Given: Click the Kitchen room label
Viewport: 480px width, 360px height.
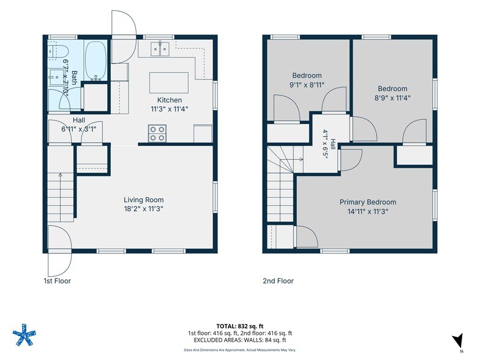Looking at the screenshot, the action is (169, 100).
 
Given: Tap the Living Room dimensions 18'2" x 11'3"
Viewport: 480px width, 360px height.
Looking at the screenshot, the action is (143, 209).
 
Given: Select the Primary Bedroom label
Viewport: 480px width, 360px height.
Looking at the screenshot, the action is (367, 202).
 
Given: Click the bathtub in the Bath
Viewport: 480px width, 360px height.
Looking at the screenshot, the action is (96, 61).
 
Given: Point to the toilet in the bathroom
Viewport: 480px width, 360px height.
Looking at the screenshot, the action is (58, 51).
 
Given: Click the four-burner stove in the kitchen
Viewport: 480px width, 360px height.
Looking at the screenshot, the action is (157, 133).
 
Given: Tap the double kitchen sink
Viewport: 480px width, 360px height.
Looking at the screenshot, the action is (160, 49).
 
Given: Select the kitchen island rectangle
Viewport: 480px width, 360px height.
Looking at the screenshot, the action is (169, 83).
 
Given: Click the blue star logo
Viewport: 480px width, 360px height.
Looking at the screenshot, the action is (24, 334).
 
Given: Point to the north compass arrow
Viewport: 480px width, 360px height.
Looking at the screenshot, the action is (457, 340).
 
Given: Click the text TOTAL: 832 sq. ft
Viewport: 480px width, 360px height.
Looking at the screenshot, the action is (240, 326).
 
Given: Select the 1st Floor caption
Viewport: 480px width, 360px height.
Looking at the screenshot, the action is (58, 280).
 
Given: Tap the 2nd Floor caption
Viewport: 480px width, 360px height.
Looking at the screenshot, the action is (278, 280).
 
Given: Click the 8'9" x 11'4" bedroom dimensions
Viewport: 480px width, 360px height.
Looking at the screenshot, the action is (392, 98).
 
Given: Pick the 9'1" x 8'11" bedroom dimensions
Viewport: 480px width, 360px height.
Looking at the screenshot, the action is (307, 84).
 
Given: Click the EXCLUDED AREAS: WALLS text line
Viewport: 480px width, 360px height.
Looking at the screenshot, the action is (240, 340).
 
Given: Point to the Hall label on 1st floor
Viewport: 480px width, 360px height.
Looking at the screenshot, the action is (78, 120).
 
